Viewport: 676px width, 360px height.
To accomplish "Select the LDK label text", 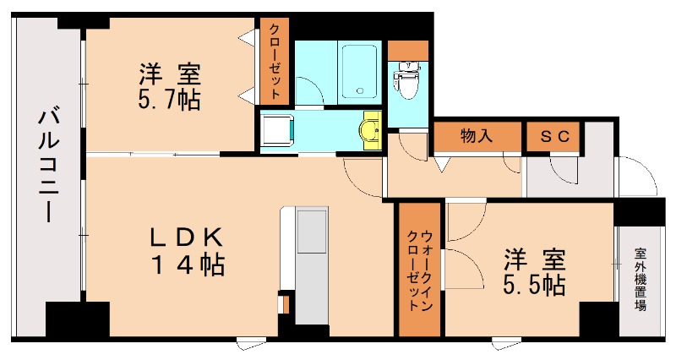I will tap(188, 235).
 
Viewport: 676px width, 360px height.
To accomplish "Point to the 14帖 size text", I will tap(188, 265).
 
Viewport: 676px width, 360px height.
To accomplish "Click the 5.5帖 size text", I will tap(534, 286).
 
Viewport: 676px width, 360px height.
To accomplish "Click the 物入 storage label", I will tap(477, 135).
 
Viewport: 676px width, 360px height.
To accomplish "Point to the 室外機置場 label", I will tap(641, 279).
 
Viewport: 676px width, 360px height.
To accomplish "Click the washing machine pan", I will tap(276, 131).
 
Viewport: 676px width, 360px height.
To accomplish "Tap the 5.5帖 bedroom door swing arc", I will tap(465, 224).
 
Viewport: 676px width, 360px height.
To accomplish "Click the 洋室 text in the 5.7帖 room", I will tap(169, 72).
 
